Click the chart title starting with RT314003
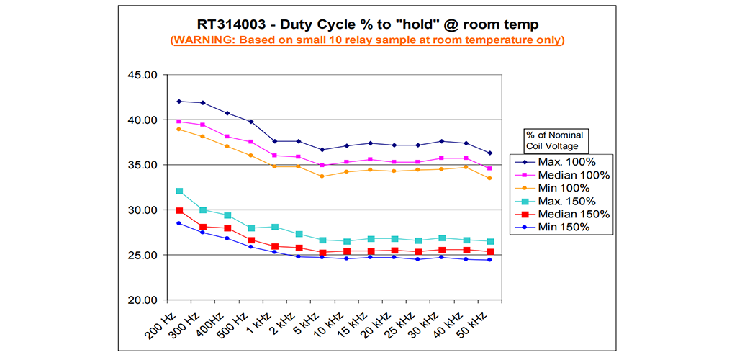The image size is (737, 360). pos(367,23)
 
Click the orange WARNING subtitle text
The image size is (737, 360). pos(367,40)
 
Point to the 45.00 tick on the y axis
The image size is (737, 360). pos(141,75)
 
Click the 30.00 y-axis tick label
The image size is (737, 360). pos(141,210)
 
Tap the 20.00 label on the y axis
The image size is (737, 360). pos(141,300)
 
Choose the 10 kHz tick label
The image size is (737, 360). pos(327,323)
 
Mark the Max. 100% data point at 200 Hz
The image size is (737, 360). pos(179,102)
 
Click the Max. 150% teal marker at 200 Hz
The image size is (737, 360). pos(179,192)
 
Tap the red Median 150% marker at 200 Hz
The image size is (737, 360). pos(179,210)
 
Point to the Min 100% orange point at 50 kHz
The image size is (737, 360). pos(489,178)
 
